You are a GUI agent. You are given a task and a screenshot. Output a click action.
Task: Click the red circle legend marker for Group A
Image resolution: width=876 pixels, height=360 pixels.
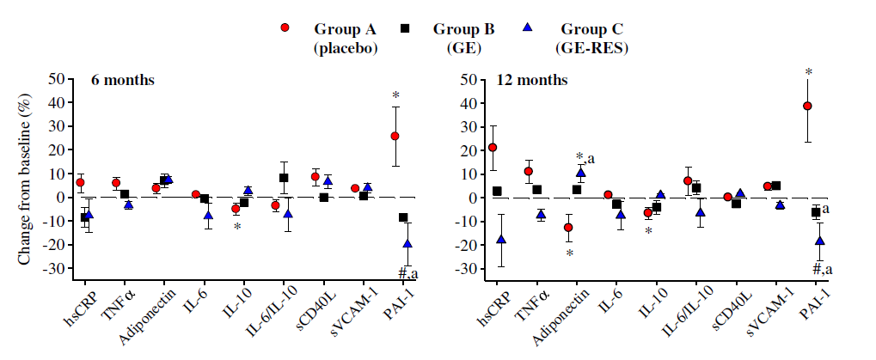click(285, 27)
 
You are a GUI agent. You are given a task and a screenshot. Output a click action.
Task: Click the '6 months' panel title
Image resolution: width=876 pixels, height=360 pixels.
click(123, 80)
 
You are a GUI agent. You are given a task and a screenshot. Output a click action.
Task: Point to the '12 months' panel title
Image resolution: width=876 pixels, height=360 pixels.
click(532, 80)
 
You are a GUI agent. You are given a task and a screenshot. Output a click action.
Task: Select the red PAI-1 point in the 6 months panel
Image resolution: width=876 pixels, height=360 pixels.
click(395, 136)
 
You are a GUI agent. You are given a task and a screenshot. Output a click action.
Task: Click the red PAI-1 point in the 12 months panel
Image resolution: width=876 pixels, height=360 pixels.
click(807, 106)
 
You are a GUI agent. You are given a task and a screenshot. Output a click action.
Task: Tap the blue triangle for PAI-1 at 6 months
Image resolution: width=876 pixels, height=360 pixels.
click(407, 243)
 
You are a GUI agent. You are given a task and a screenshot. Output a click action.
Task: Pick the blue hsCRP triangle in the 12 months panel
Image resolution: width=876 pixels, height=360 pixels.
click(501, 240)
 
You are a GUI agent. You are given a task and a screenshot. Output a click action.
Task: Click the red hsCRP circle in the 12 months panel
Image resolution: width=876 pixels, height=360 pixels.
click(493, 147)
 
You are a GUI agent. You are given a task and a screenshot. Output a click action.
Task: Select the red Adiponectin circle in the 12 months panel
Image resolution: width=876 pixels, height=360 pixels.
click(568, 227)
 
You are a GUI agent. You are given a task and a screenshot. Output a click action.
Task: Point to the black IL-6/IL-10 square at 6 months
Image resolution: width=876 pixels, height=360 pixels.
click(284, 178)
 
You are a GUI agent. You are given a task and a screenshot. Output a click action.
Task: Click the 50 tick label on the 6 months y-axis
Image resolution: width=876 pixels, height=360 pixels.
click(58, 79)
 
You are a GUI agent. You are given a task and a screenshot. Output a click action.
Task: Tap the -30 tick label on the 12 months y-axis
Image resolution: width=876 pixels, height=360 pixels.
click(469, 269)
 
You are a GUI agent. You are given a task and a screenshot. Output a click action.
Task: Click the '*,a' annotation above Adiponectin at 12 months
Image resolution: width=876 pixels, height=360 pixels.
click(585, 158)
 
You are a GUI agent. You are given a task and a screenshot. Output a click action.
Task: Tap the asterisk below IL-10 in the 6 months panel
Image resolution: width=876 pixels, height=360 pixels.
click(237, 227)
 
